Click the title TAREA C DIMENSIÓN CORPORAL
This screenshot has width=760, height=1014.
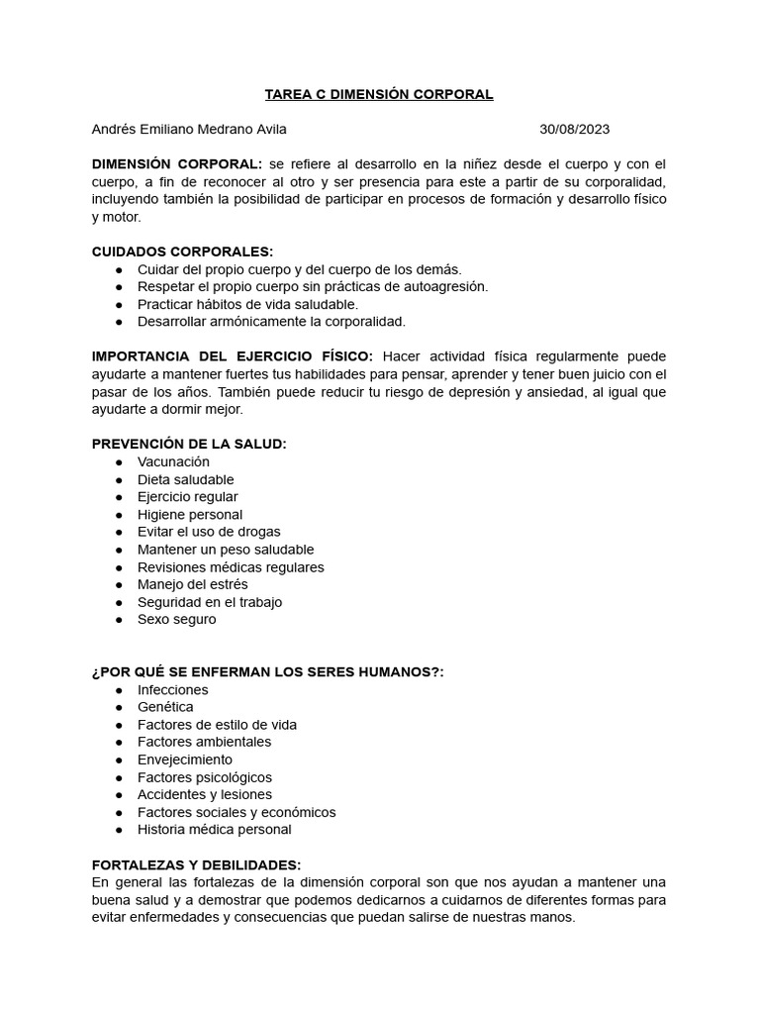(x=379, y=94)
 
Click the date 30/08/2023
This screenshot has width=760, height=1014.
(x=574, y=129)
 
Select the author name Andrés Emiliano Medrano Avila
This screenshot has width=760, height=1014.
(x=189, y=129)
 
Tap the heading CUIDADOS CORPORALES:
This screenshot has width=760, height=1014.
(x=182, y=252)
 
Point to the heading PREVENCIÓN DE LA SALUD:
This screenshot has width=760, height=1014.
(x=189, y=444)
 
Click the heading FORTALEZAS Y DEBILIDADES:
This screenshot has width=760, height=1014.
(x=196, y=864)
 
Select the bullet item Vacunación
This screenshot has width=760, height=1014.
(x=173, y=461)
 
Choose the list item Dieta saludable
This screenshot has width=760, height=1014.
(x=186, y=479)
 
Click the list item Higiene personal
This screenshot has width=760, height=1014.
(x=190, y=515)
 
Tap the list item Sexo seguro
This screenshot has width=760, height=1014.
(x=176, y=620)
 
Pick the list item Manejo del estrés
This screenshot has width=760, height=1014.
(x=193, y=584)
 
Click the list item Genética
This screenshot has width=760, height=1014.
(x=165, y=707)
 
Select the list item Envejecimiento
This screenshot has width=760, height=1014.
(x=185, y=760)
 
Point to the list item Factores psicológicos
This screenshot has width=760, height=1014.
(x=205, y=777)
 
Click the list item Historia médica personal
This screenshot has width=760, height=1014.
(x=215, y=830)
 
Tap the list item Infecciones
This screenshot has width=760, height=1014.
(x=173, y=689)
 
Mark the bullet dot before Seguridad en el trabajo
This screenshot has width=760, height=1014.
(x=119, y=602)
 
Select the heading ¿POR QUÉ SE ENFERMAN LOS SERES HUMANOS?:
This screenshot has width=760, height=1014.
(x=267, y=672)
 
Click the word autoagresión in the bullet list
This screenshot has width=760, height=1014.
(x=442, y=286)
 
